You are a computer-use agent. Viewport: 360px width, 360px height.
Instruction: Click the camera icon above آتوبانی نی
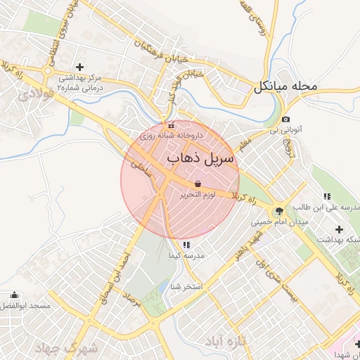click(x=286, y=120)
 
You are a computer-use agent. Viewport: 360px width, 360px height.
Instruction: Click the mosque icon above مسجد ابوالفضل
click(x=15, y=295)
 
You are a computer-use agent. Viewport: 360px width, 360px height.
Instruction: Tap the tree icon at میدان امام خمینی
click(x=279, y=210)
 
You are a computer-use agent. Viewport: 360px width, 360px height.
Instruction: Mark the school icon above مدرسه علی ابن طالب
click(x=326, y=196)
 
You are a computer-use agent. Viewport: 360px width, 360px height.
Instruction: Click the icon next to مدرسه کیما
click(x=186, y=245)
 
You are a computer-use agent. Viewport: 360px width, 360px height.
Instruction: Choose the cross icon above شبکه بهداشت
click(x=340, y=229)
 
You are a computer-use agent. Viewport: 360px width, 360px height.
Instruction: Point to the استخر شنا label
click(x=186, y=287)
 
